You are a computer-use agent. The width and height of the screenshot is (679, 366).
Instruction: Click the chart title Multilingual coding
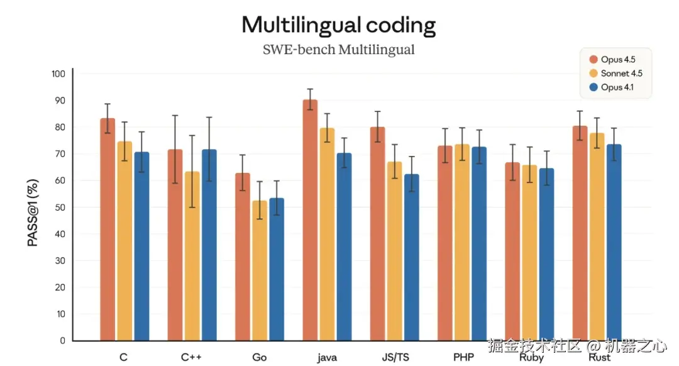[338, 25]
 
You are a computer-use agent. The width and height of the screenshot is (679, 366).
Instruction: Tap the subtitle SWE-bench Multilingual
[338, 50]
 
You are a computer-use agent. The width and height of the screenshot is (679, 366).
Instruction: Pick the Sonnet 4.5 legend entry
[617, 74]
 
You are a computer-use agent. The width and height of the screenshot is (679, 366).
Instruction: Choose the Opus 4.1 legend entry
[614, 87]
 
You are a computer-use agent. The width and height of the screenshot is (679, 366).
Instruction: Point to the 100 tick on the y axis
[58, 74]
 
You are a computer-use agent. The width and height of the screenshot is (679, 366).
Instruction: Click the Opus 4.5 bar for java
[310, 220]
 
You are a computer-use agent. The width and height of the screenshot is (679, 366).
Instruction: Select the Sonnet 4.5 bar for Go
[259, 270]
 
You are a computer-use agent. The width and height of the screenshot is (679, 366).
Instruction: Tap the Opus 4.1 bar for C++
[209, 245]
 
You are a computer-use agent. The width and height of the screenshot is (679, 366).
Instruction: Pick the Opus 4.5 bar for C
[108, 230]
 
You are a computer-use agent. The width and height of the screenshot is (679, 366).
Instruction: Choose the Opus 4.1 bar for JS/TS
[411, 258]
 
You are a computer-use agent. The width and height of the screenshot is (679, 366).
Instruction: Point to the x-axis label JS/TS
[395, 357]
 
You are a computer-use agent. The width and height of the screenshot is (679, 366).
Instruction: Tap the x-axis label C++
[191, 357]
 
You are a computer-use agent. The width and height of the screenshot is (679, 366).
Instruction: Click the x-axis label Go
[259, 357]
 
